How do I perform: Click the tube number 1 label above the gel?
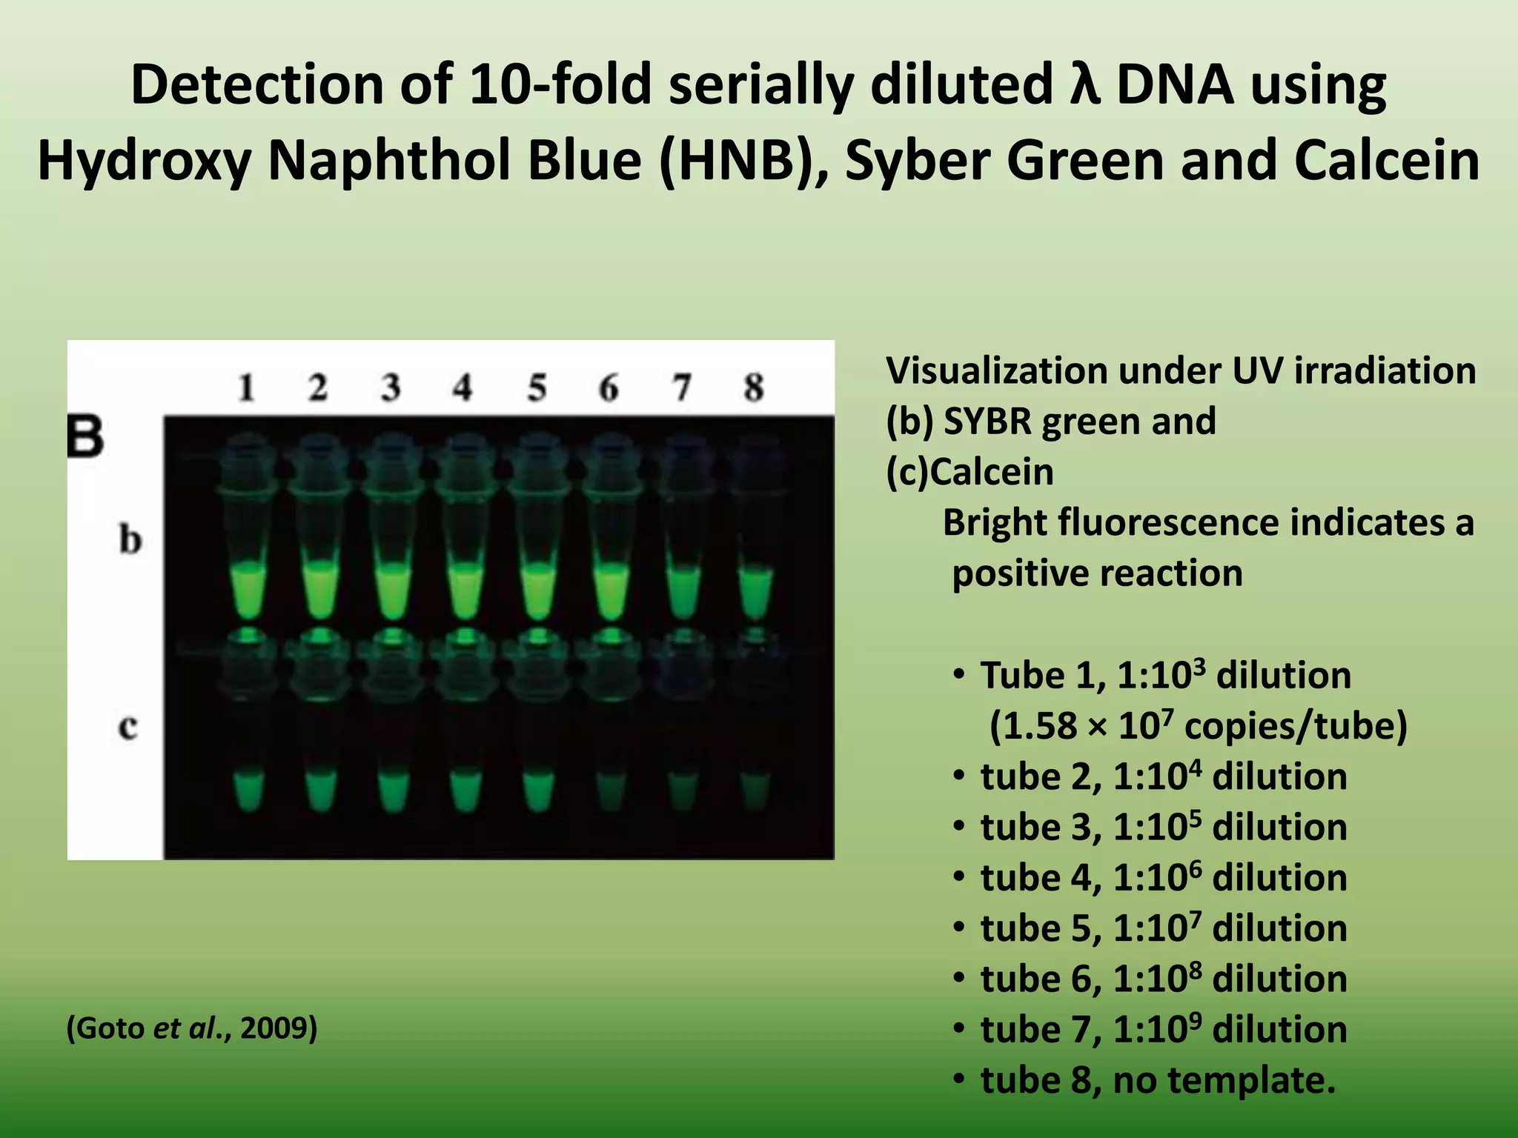(246, 387)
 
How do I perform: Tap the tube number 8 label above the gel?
(754, 387)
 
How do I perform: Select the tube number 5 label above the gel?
(537, 387)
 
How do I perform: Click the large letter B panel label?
(85, 436)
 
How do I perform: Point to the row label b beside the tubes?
(130, 539)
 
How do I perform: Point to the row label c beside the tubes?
(127, 727)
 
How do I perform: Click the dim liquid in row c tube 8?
(755, 791)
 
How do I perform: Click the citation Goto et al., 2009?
(192, 1028)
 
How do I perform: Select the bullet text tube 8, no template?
(1158, 1080)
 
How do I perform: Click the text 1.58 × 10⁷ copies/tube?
(1198, 726)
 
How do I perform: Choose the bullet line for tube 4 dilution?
(1163, 878)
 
